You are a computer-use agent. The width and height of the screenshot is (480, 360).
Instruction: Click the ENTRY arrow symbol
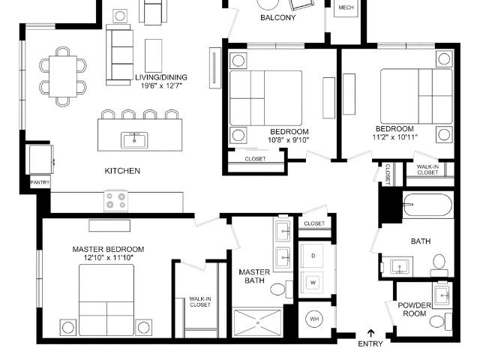tap(371, 333)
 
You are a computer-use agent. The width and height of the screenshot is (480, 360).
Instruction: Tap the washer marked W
tap(313, 282)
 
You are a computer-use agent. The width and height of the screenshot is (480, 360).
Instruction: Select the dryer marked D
tap(313, 256)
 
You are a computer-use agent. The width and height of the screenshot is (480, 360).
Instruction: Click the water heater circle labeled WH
tap(314, 319)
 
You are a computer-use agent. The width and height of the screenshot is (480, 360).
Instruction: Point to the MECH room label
tap(346, 7)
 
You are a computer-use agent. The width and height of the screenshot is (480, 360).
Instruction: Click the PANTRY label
tap(40, 182)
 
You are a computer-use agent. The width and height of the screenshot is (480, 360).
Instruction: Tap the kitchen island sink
tap(134, 140)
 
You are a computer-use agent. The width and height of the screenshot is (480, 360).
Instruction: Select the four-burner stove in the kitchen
tap(116, 201)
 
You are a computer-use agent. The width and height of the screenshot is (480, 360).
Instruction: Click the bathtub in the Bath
tap(427, 205)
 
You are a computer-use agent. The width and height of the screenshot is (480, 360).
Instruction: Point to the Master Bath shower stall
tap(257, 323)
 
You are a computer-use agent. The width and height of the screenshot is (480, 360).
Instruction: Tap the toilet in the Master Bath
tap(282, 289)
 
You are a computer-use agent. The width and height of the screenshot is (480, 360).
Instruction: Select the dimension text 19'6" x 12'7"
tap(161, 85)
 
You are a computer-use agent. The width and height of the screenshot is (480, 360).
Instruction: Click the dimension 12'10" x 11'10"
tap(108, 258)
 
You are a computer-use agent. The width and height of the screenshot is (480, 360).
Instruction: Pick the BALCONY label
tap(278, 17)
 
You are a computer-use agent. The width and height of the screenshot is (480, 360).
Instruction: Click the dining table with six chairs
tap(63, 76)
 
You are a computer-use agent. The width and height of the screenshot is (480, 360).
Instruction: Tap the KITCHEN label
tap(122, 171)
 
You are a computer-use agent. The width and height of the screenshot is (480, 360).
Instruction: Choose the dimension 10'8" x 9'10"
tap(288, 140)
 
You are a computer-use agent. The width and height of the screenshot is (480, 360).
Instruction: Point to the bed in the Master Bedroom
tap(106, 300)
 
